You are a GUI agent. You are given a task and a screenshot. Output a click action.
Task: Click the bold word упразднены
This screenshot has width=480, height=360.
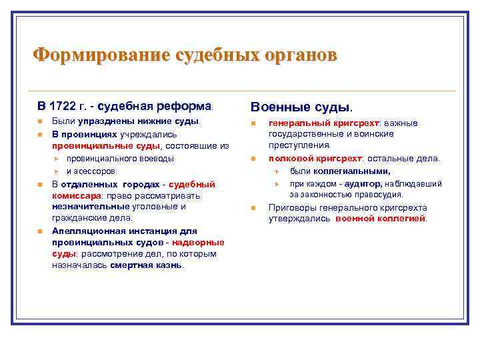pyautogui.click(x=105, y=122)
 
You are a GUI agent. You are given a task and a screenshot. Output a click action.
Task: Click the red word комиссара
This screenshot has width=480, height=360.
pyautogui.click(x=76, y=195)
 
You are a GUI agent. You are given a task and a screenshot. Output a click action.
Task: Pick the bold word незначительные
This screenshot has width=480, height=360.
pyautogui.click(x=89, y=207)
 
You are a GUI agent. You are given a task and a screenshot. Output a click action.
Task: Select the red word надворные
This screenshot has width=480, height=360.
pyautogui.click(x=194, y=242)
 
